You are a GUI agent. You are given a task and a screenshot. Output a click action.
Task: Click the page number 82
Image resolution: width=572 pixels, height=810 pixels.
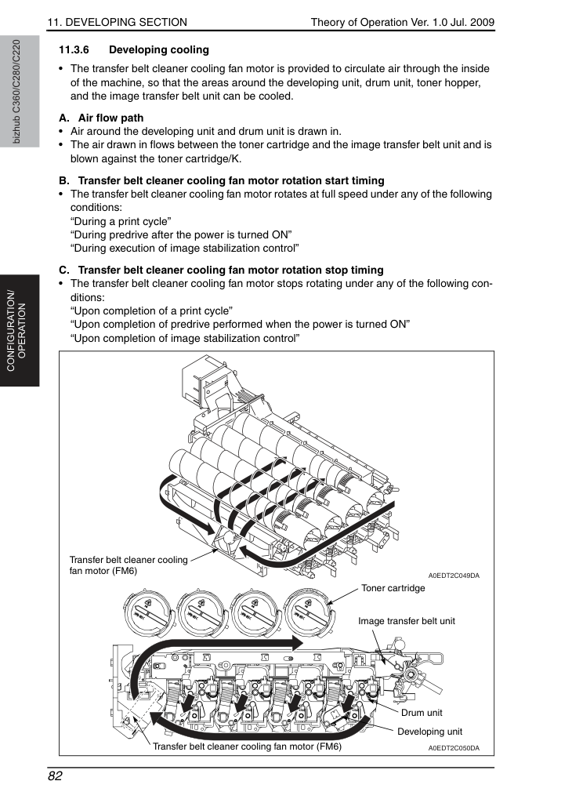click(55, 776)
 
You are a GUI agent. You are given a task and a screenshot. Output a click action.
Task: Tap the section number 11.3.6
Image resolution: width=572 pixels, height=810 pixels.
click(74, 50)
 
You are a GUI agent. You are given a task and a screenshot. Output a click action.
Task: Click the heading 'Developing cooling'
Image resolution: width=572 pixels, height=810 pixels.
click(159, 50)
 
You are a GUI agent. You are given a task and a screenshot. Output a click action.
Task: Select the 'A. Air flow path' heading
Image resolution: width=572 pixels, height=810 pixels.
click(101, 118)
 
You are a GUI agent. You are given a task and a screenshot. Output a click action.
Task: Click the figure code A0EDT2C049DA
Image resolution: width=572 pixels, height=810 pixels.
click(454, 576)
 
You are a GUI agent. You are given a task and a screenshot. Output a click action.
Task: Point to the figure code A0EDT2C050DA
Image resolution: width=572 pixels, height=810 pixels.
click(454, 748)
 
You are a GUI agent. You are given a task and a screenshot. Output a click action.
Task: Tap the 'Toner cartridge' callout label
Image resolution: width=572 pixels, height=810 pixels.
click(393, 588)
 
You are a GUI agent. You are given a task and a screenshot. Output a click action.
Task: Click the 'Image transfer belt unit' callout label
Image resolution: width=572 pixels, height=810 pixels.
click(407, 621)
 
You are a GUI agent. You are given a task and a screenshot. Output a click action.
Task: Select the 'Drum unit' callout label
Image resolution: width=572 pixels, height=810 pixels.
click(422, 713)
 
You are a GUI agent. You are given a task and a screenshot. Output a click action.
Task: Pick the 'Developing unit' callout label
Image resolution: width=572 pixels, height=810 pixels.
click(430, 732)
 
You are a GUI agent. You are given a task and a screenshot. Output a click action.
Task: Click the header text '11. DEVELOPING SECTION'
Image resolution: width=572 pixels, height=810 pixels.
click(118, 22)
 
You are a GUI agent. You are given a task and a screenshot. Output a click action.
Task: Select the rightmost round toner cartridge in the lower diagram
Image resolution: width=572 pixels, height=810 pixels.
click(309, 614)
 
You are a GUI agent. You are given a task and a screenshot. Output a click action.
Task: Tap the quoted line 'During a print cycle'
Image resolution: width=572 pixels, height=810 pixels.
click(121, 222)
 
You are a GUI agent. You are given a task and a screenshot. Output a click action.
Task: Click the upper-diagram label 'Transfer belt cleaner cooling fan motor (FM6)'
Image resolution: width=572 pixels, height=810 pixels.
click(129, 565)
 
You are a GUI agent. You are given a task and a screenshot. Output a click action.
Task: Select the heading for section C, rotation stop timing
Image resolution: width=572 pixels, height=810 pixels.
click(222, 271)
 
